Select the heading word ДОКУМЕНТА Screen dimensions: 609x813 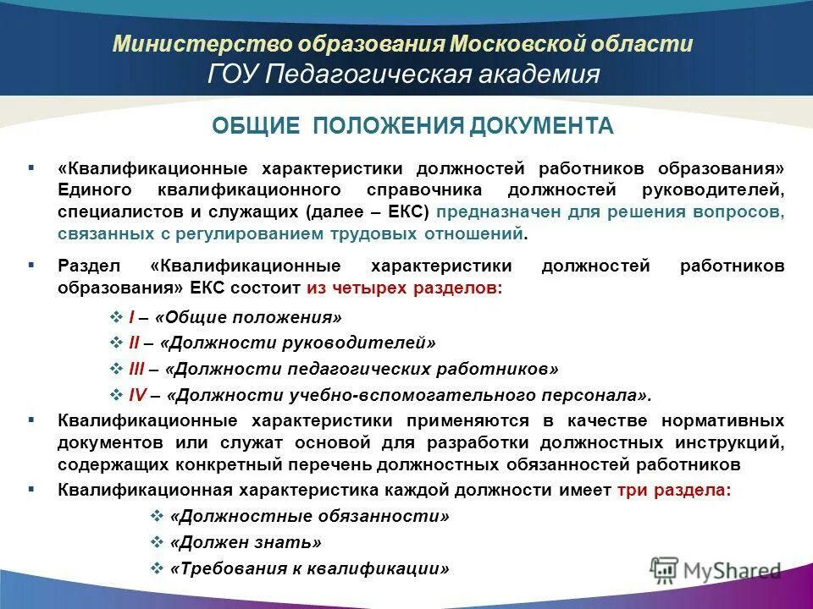pos(540,126)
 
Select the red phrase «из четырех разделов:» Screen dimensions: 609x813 pos(405,288)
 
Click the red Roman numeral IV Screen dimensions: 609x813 pos(138,394)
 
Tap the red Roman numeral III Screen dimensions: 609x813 pos(137,369)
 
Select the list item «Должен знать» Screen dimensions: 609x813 pos(246,542)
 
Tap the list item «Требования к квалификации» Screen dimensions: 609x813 pos(309,568)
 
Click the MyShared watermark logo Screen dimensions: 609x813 pos(716,568)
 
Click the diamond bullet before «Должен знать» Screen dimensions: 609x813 pos(156,542)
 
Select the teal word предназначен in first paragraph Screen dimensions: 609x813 pos(486,211)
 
